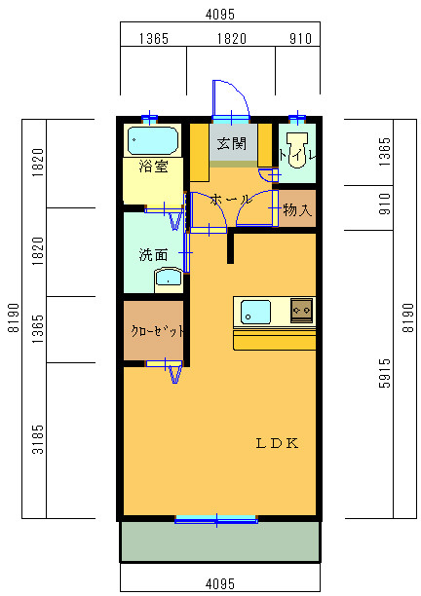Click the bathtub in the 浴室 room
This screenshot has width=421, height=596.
pos(153,140)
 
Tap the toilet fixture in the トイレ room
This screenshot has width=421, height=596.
pos(297,149)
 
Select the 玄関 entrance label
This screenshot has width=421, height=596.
pos(231,144)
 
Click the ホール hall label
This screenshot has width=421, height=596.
pos(230,200)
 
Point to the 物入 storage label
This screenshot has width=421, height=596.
pos(298,209)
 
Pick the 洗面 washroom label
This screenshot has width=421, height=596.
pos(153,254)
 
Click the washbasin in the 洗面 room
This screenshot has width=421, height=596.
pos(169,279)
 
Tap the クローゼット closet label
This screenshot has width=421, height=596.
pos(157,331)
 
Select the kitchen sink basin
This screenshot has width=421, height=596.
pos(255,312)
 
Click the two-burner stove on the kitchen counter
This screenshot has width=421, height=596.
pos(301,311)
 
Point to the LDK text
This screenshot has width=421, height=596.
pos(277,443)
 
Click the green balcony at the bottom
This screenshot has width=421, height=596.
pos(220,541)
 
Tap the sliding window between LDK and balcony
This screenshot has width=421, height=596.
pos(216,519)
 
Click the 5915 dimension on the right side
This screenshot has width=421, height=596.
pos(385,373)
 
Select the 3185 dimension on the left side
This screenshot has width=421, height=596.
pos(38,439)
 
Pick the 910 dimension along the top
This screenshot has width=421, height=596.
pos(300,38)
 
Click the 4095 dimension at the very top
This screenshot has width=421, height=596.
pos(220,15)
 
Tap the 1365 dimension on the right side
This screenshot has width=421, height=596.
pos(385,151)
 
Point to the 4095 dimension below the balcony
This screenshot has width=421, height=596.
pos(220,583)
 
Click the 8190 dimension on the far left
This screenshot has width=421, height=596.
pos(14,317)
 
